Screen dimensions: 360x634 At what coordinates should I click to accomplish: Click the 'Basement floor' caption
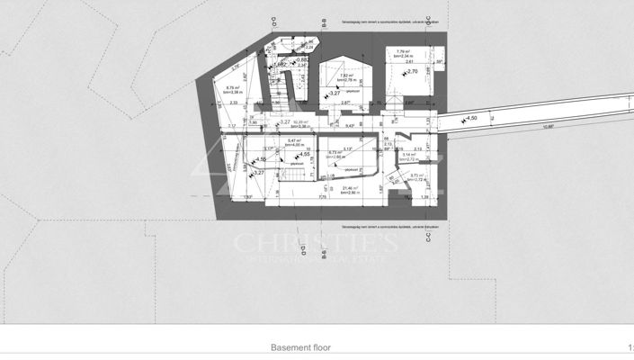point(308,346)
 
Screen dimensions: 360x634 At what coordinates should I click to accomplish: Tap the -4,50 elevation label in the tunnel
point(470,117)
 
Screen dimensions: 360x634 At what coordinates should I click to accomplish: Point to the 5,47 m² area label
point(293,140)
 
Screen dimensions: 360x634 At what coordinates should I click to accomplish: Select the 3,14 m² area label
point(410,155)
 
